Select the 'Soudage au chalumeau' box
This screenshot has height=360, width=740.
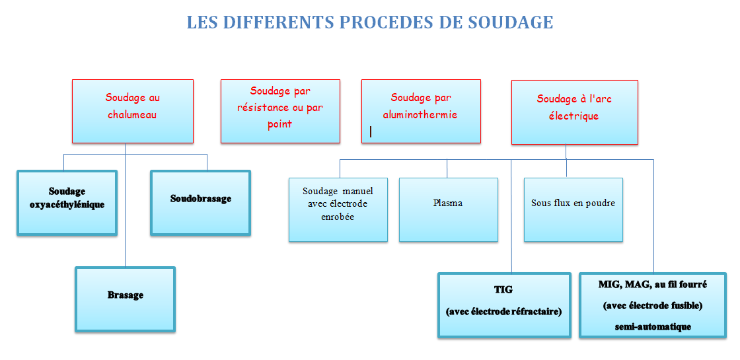pos(133,112)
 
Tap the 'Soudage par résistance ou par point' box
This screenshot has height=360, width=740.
pos(280,112)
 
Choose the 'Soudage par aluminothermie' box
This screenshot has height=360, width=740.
pos(421,112)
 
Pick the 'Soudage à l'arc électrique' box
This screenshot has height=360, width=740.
pos(575,112)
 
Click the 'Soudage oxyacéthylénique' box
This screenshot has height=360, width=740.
pos(67,202)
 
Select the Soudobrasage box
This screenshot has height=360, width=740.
pos(201,202)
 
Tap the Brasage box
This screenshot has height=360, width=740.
pos(125,299)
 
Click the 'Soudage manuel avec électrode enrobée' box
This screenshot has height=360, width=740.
pos(338,209)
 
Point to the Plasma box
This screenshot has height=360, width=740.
pos(449,209)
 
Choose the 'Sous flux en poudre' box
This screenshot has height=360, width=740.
pos(573,209)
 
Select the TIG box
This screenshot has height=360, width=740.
pos(504,305)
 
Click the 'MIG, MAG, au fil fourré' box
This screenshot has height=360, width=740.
pos(653,305)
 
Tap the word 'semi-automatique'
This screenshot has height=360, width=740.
pos(653,326)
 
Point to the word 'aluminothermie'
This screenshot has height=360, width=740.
pos(421,114)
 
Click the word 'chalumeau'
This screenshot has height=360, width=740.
pos(132,114)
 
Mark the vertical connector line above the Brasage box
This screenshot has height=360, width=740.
pos(125,205)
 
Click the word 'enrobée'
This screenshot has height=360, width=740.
pos(338,217)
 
